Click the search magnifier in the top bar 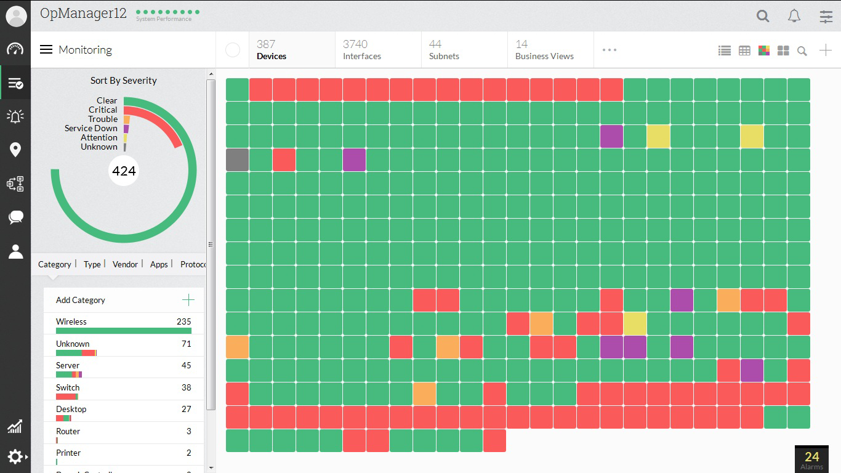763,17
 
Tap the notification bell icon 794,17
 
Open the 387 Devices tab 272,50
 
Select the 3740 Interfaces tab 361,50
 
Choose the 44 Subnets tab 444,50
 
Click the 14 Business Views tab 544,50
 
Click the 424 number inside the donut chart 124,171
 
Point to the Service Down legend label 91,128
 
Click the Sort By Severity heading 123,81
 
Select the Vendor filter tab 125,264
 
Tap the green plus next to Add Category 188,300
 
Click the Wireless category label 71,321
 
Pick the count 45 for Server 186,365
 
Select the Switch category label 68,387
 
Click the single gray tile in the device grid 237,160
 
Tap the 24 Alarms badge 811,459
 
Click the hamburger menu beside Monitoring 46,49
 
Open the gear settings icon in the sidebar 15,456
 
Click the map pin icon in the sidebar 15,150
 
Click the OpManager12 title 83,14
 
